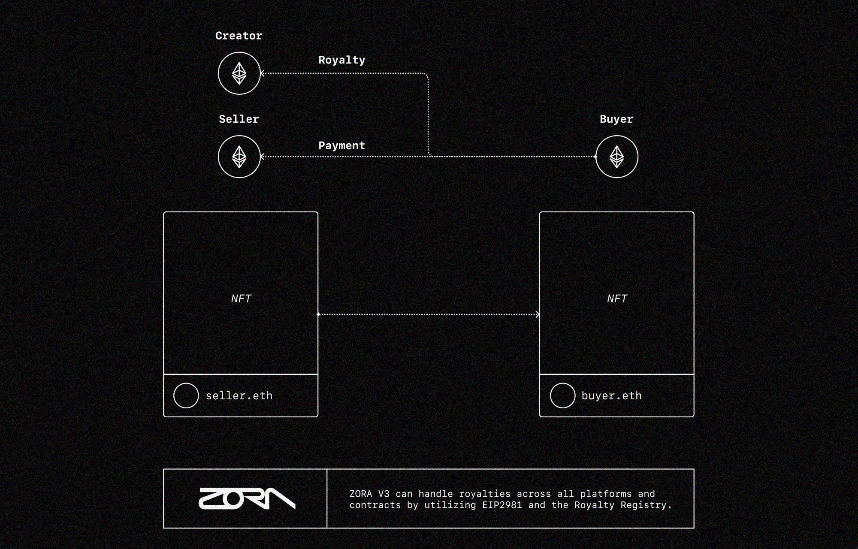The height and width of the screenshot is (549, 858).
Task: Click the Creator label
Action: point(239,36)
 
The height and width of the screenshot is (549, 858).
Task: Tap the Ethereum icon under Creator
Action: point(239,73)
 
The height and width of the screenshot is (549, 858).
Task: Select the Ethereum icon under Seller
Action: point(239,157)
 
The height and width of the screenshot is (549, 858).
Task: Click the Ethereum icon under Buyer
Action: point(616,157)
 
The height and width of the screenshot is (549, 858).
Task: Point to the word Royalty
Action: point(341,60)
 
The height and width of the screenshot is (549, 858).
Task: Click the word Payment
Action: point(341,146)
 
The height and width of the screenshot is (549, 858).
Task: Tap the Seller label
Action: point(239,119)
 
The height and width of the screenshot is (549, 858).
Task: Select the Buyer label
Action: point(616,119)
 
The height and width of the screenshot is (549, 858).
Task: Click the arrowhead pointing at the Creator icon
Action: point(263,73)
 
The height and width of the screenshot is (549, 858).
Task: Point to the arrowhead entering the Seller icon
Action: point(263,157)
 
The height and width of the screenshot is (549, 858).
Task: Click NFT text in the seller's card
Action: point(241,299)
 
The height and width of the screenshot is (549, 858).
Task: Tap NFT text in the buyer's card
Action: point(617,299)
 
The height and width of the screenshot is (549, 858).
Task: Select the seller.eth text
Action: point(239,395)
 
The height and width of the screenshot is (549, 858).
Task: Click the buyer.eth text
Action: point(611,395)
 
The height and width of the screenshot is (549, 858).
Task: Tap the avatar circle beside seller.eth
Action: point(186,395)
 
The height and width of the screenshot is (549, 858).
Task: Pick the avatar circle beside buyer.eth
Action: point(562,395)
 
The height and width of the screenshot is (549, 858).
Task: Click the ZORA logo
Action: point(247,498)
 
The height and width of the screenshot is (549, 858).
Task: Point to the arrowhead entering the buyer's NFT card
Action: point(538,314)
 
